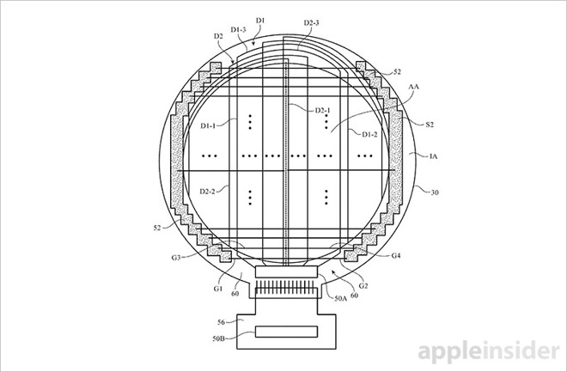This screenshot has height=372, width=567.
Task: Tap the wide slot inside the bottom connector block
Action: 284,332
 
